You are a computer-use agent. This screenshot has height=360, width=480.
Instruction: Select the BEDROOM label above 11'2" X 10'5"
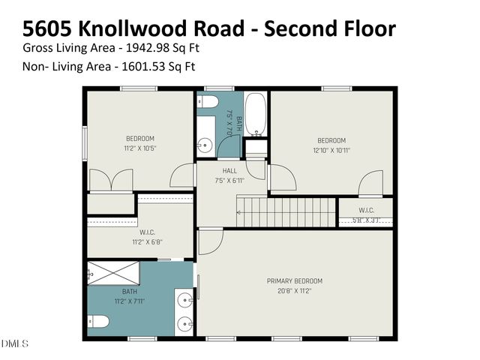click(139, 138)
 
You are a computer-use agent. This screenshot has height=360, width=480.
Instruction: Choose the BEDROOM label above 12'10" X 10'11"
click(331, 140)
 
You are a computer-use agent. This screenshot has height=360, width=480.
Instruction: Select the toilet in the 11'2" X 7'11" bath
click(99, 322)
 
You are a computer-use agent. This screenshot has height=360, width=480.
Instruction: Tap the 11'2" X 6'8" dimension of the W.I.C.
click(139, 242)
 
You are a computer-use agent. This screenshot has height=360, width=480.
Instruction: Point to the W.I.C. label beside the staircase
click(366, 210)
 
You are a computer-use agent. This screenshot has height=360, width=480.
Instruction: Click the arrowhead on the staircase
click(239, 212)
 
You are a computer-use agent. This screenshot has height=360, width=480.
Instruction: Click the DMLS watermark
click(14, 343)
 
